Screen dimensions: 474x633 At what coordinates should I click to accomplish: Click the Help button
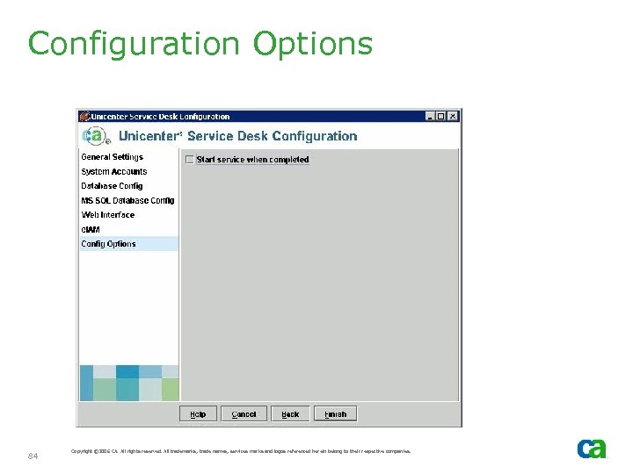click(x=198, y=414)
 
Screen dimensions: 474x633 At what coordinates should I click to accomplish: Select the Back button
click(x=290, y=414)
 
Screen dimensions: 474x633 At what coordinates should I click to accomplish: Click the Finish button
click(x=336, y=414)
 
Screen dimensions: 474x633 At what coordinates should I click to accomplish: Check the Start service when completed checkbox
click(x=189, y=160)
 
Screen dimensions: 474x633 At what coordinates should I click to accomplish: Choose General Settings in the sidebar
click(x=112, y=157)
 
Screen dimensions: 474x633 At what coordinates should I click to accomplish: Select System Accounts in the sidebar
click(x=114, y=172)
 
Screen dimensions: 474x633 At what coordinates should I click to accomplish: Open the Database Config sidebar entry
click(x=112, y=186)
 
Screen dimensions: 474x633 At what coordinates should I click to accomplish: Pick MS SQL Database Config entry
click(x=127, y=201)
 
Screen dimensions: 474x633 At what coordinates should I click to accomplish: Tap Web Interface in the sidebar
click(x=108, y=215)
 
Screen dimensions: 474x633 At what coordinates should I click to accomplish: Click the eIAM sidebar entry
click(x=91, y=230)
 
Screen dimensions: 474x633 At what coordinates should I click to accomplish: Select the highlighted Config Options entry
click(x=109, y=244)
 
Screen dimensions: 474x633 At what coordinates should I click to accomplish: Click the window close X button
click(x=454, y=116)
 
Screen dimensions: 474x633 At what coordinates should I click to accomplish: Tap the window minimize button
click(x=431, y=116)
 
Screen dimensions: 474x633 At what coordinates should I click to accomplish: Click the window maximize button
click(x=442, y=116)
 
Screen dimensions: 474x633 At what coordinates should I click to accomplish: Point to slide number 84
click(x=33, y=456)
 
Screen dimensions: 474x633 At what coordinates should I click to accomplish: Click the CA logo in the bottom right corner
click(x=591, y=449)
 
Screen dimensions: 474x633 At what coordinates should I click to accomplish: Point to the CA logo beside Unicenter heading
click(x=96, y=136)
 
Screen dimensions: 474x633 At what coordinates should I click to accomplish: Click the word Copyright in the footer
click(x=84, y=451)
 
